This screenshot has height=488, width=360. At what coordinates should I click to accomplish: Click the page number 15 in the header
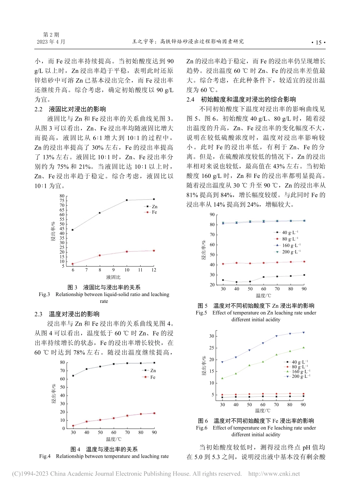[x=318, y=42]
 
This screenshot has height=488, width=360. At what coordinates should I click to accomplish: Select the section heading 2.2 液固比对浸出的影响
[x=70, y=109]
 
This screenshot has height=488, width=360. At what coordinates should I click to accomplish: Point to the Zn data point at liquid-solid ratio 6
[x=73, y=230]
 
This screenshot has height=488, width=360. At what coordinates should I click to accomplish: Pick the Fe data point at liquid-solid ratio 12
[x=154, y=251]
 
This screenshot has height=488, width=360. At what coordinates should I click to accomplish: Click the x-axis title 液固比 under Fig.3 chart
[x=113, y=278]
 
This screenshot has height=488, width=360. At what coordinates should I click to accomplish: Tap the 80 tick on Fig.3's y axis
[x=62, y=196]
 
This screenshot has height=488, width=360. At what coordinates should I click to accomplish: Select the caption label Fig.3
[x=44, y=295]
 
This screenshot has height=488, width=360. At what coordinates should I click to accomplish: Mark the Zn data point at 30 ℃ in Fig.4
[x=73, y=376]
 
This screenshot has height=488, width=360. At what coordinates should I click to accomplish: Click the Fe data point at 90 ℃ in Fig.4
[x=154, y=413]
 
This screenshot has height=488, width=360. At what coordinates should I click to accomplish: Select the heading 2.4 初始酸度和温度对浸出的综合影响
[x=241, y=100]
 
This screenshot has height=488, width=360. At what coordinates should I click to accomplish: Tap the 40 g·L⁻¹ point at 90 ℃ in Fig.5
[x=304, y=275]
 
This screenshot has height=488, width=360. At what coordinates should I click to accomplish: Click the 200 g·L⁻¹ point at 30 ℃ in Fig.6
[x=222, y=362]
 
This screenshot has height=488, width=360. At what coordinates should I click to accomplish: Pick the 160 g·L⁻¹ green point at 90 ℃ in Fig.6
[x=304, y=348]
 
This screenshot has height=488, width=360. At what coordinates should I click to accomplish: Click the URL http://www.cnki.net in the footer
[x=274, y=474]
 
